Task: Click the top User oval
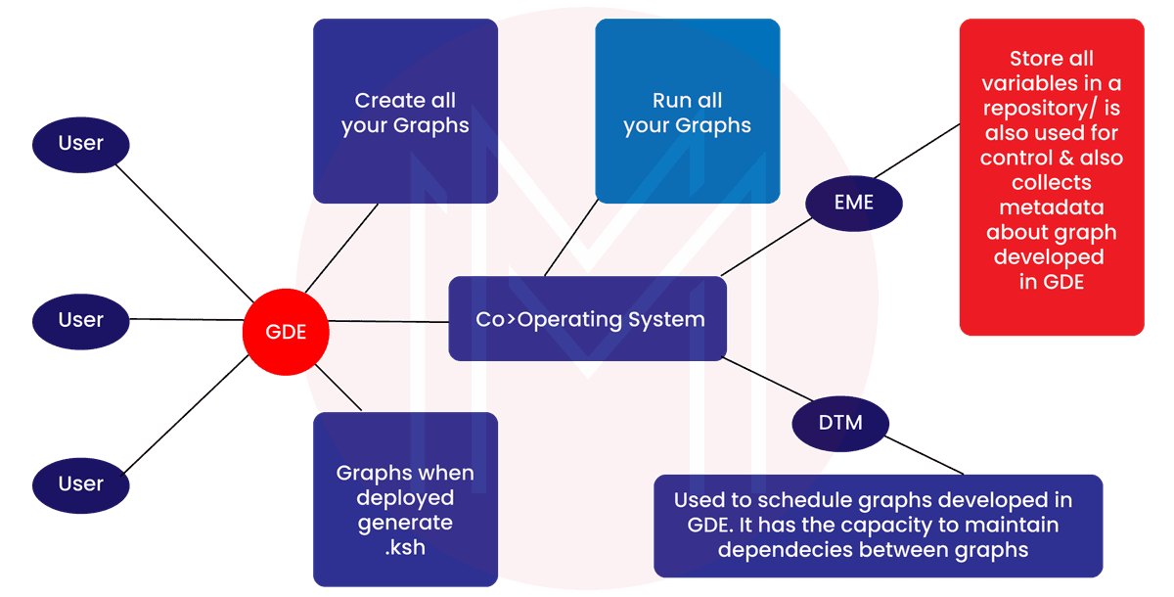click(x=81, y=144)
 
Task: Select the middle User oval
click(x=81, y=320)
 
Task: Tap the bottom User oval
click(x=81, y=483)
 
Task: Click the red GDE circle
click(x=286, y=332)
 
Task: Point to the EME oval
click(x=854, y=204)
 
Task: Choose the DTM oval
click(x=840, y=423)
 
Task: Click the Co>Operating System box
click(x=589, y=319)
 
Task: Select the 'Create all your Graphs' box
click(x=405, y=112)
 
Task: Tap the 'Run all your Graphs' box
click(x=687, y=112)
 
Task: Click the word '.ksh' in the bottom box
click(x=405, y=547)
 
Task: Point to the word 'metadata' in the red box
click(x=1051, y=207)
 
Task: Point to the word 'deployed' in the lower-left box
click(x=405, y=498)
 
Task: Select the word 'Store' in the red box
click(x=1036, y=58)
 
